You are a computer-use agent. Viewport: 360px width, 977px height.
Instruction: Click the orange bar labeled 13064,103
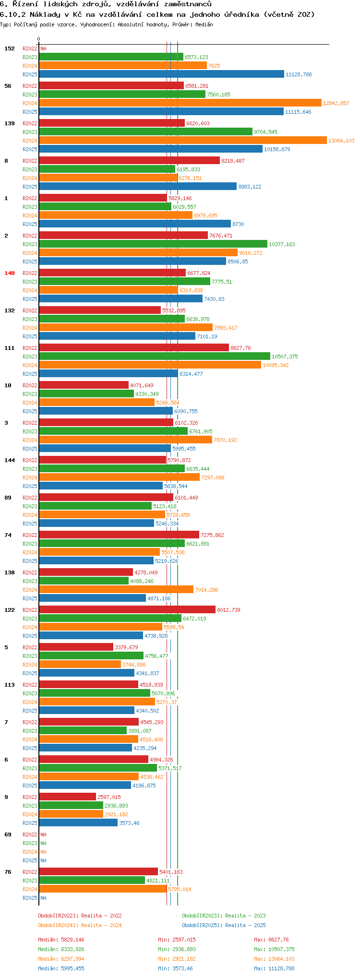(x=182, y=141)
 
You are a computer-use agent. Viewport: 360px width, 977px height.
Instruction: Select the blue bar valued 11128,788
(x=161, y=74)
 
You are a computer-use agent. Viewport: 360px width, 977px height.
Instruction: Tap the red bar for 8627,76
(x=133, y=348)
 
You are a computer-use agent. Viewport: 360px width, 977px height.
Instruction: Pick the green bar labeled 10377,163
(x=153, y=244)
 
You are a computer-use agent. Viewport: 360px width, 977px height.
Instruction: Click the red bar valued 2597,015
(x=67, y=797)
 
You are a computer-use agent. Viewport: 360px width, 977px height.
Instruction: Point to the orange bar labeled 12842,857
(x=180, y=103)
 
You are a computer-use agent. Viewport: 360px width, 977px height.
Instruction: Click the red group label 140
(x=10, y=273)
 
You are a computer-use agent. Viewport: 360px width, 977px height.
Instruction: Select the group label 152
(x=10, y=48)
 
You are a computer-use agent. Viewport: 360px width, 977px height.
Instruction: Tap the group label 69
(x=8, y=834)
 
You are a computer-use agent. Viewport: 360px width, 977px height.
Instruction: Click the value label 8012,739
(x=228, y=610)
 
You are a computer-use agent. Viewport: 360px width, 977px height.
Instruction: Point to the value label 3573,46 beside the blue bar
(x=129, y=823)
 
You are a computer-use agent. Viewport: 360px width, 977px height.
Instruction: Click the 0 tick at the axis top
(x=39, y=39)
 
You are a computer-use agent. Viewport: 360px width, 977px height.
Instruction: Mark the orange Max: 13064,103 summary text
(x=274, y=959)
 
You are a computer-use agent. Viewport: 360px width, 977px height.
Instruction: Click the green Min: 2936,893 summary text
(x=177, y=949)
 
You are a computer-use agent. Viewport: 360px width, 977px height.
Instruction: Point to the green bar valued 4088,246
(x=84, y=581)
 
